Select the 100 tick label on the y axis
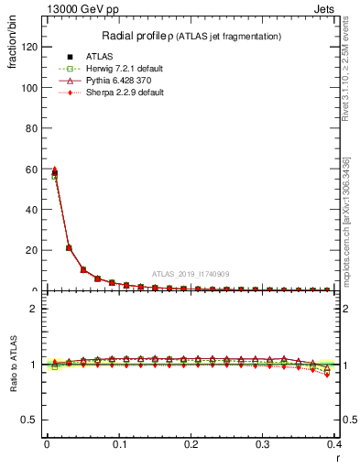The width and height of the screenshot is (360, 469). point(31,88)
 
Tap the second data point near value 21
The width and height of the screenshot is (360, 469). point(69,247)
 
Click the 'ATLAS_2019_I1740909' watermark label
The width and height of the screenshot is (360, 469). point(191,274)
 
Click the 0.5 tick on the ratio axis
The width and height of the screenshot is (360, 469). point(32,420)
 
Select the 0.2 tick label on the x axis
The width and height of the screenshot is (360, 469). point(191,444)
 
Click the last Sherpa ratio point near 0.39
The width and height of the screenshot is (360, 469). point(327,374)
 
